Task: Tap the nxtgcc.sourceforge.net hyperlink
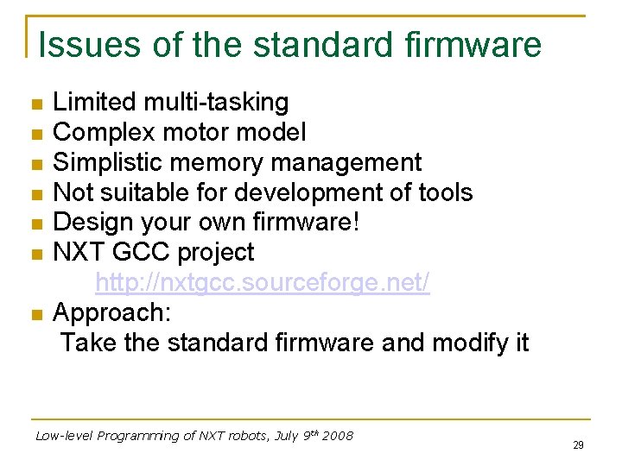coord(262,282)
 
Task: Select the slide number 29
coord(578,445)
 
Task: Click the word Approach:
coord(112,312)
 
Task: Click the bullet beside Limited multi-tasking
coord(35,104)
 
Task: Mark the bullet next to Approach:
coord(35,314)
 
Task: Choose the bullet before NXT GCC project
coord(35,254)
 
